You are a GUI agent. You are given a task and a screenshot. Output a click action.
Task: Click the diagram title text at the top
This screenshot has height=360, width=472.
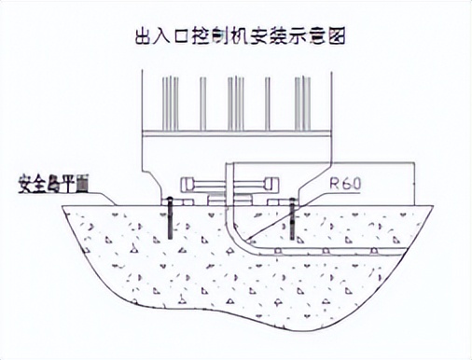[235, 36]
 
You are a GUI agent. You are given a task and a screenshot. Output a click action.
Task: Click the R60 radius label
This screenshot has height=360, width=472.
[345, 185]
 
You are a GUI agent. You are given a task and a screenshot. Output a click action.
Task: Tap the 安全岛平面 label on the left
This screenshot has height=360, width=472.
[55, 181]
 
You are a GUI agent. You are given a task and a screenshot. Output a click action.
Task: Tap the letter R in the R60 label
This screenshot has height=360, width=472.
[333, 185]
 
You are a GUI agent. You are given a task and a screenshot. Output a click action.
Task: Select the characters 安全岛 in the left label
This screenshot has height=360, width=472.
[42, 181]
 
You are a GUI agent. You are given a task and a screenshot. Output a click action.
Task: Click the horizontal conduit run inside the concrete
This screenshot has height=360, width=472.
[326, 251]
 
